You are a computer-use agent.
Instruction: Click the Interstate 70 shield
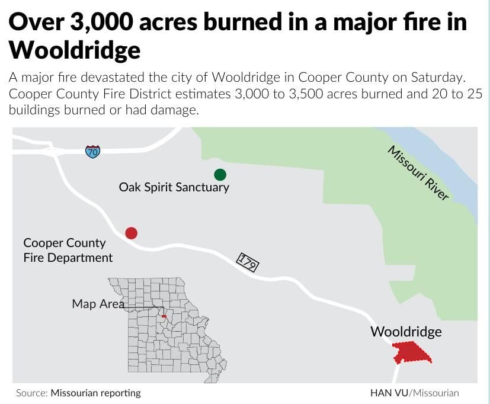92,151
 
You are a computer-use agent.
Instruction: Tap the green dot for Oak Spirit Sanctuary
220,174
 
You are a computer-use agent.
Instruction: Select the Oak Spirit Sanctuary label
174,187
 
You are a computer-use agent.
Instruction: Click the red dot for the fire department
132,233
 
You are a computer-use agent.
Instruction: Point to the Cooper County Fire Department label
68,250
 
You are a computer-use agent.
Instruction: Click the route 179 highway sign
247,262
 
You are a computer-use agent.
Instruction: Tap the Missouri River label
418,172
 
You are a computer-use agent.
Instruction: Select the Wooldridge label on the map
406,332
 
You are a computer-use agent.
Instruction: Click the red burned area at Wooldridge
412,353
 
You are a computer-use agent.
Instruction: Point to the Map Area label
98,304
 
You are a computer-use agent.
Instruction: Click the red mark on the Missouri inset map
164,316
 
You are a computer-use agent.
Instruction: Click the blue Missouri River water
450,172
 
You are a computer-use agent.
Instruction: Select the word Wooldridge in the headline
75,50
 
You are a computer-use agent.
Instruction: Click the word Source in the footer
31,393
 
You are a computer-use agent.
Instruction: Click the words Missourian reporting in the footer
96,393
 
